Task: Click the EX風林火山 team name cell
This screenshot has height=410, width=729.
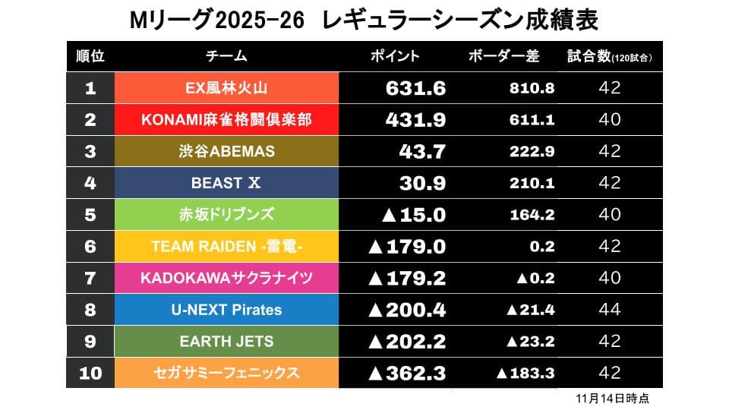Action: click(x=226, y=88)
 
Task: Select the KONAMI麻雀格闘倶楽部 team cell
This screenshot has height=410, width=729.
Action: click(x=226, y=120)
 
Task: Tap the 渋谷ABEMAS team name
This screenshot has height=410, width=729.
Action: click(x=226, y=152)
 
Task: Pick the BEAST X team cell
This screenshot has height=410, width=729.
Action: click(x=226, y=183)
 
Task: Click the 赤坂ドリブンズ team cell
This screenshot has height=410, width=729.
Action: click(x=226, y=215)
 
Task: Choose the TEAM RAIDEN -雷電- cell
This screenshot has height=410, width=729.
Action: click(x=226, y=247)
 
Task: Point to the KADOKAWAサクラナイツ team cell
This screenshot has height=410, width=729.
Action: click(x=226, y=278)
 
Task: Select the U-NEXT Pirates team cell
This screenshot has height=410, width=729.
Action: click(x=226, y=310)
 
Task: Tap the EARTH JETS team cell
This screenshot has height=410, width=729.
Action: click(x=226, y=342)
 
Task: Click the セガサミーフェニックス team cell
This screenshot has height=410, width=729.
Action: click(x=226, y=373)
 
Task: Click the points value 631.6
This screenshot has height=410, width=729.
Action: click(x=415, y=88)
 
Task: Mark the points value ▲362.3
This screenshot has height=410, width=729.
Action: click(x=406, y=373)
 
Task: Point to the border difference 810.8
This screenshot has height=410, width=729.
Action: click(x=532, y=88)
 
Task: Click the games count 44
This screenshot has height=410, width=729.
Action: click(x=610, y=310)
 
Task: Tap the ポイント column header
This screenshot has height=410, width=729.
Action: click(x=395, y=57)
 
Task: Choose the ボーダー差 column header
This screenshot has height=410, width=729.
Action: click(x=503, y=57)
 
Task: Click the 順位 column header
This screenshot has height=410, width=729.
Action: click(x=90, y=57)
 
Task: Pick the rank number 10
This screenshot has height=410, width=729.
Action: click(x=90, y=373)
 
